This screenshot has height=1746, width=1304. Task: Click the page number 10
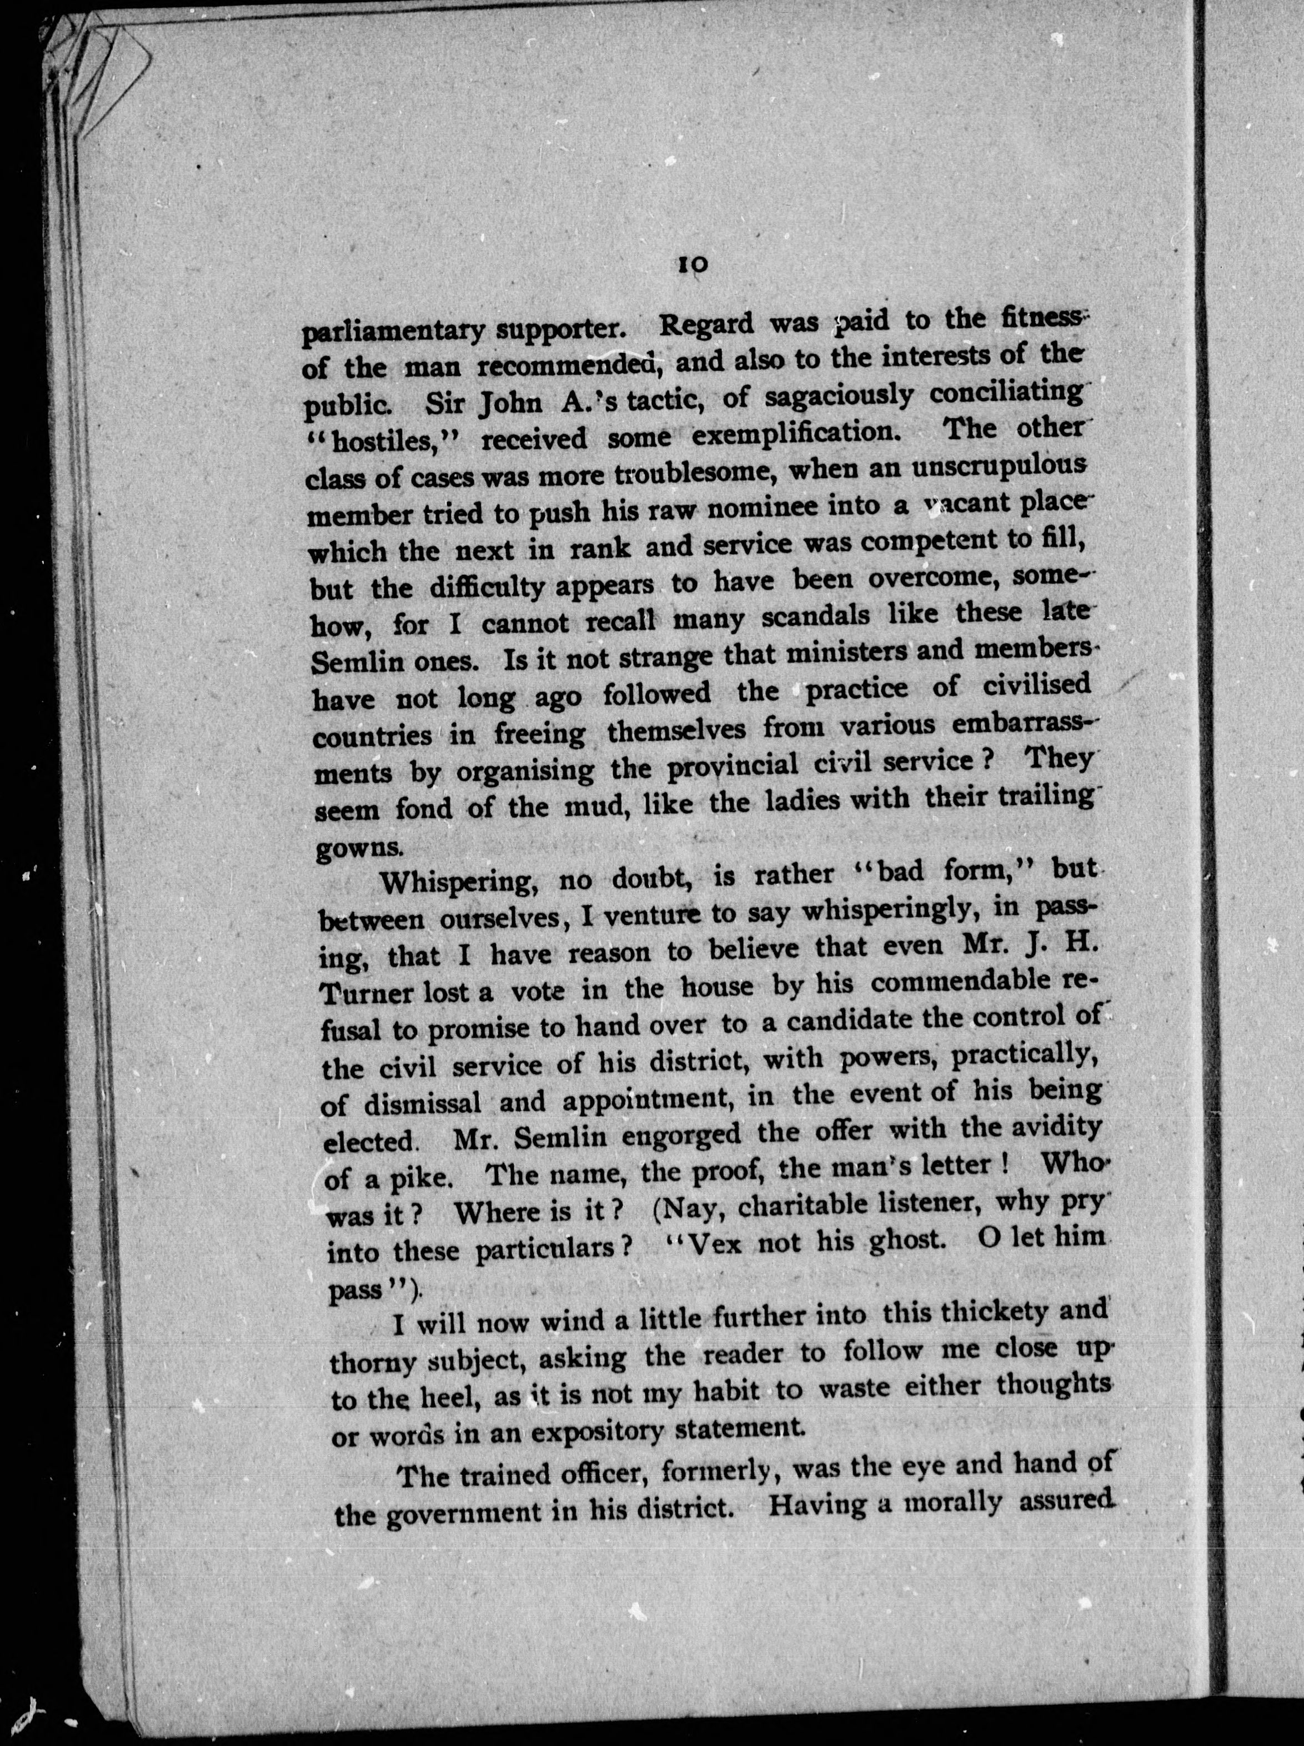pos(692,266)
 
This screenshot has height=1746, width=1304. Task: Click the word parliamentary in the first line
pos(392,330)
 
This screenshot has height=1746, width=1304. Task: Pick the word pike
pos(420,1178)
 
